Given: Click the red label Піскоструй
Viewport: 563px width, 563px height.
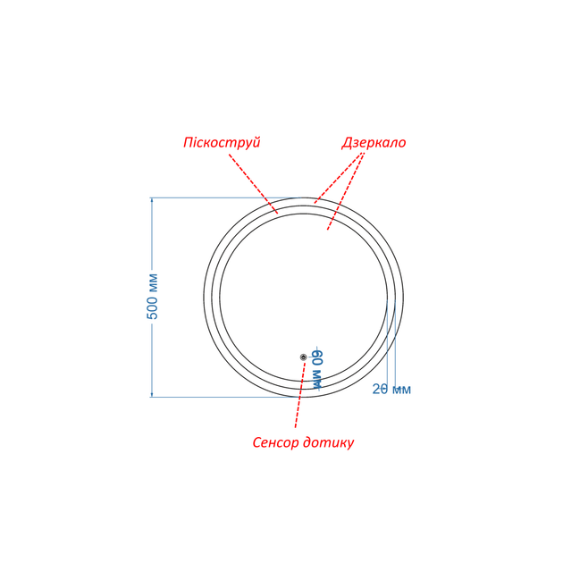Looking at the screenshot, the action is point(222,143).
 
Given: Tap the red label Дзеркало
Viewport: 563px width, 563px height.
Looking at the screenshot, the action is point(374,143).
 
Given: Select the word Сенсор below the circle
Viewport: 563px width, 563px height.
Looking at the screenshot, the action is point(276,442).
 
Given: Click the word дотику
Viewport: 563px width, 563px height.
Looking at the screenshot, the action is point(328,442).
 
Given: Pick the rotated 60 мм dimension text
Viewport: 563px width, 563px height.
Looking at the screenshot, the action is point(317,369).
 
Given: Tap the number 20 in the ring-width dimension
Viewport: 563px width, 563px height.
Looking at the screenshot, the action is point(380,389).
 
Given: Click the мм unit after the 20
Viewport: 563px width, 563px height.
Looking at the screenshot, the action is point(401,390).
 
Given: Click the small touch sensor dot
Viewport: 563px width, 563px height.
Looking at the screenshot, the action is point(304,357).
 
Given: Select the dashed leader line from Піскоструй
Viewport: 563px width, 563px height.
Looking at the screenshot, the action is point(254,183).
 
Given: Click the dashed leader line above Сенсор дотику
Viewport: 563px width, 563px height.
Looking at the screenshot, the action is point(300,395).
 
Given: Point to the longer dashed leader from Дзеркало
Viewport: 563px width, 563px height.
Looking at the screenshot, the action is point(346,190).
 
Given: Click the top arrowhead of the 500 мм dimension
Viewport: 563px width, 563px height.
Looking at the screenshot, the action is point(152,200).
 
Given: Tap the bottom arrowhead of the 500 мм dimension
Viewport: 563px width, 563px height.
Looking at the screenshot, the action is point(152,394).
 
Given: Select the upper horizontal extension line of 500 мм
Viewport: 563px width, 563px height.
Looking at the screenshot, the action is point(226,197).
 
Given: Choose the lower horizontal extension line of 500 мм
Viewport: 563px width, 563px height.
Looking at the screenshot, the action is point(226,397).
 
